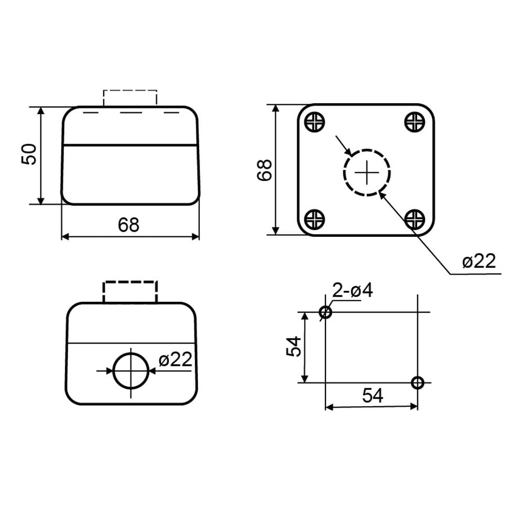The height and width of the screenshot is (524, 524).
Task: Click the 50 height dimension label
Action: click(x=29, y=154)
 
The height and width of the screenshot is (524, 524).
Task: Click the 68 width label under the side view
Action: click(x=129, y=225)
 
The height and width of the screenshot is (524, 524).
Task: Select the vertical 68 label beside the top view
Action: click(x=265, y=170)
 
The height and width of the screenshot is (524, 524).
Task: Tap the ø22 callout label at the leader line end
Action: click(x=479, y=260)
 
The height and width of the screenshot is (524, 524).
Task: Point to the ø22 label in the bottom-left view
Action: click(x=176, y=359)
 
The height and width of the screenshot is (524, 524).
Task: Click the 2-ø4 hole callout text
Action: click(x=352, y=290)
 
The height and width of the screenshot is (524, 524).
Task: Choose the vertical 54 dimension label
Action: click(x=294, y=347)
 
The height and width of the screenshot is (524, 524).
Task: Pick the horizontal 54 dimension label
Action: click(x=373, y=396)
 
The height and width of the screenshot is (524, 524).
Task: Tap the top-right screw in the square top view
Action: click(x=414, y=122)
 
